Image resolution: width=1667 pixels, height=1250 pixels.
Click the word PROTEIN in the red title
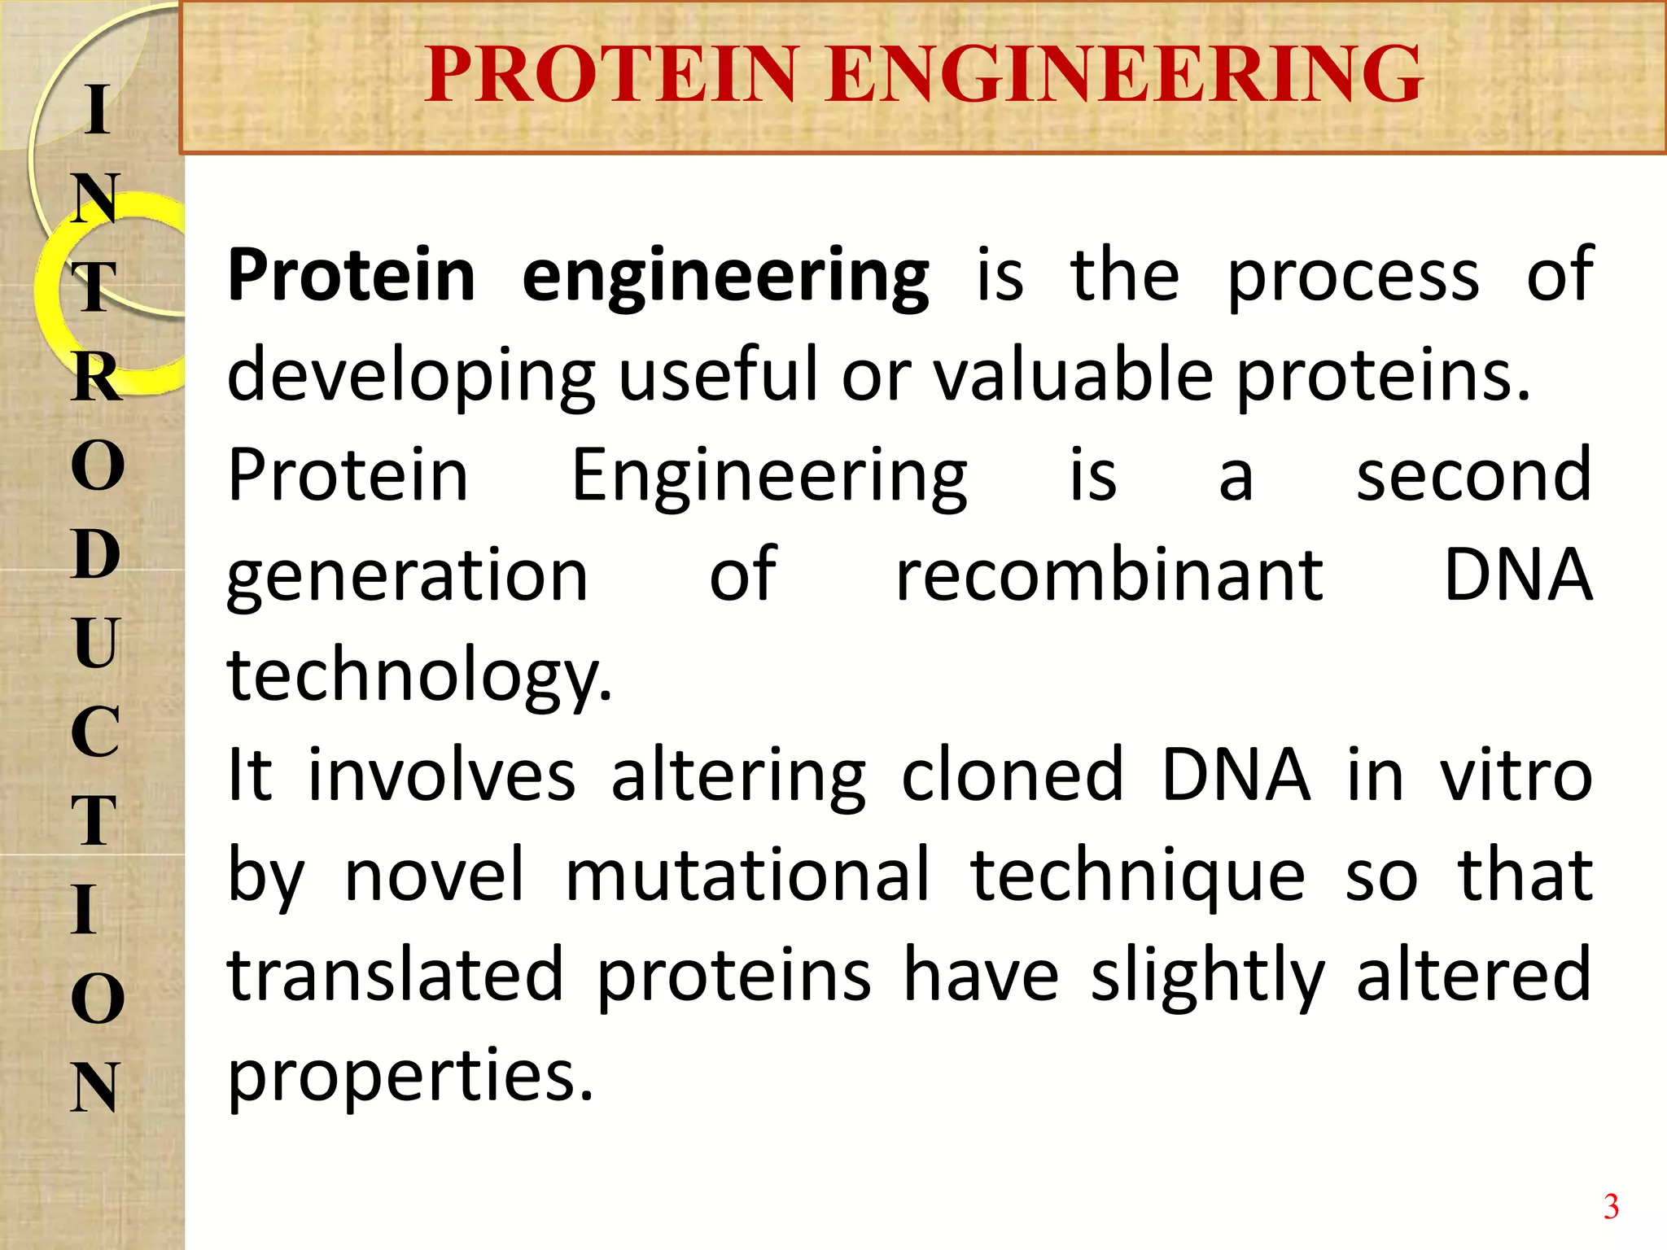[x=609, y=75]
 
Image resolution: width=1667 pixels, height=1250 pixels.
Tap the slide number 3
[x=1610, y=1206]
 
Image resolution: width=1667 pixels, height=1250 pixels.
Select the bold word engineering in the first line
[x=725, y=277]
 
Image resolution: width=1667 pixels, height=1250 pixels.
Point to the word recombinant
[x=1109, y=575]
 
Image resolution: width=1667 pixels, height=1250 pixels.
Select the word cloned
[x=1012, y=775]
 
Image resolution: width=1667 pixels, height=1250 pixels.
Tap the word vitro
[x=1516, y=775]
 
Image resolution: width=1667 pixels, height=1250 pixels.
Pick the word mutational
[x=747, y=876]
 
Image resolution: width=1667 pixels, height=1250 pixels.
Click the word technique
[x=1138, y=877]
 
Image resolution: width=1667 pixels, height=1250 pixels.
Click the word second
[x=1473, y=475]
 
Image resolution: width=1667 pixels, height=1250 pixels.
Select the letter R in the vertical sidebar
[x=97, y=378]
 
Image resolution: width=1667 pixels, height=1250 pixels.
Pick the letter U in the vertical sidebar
[x=96, y=643]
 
